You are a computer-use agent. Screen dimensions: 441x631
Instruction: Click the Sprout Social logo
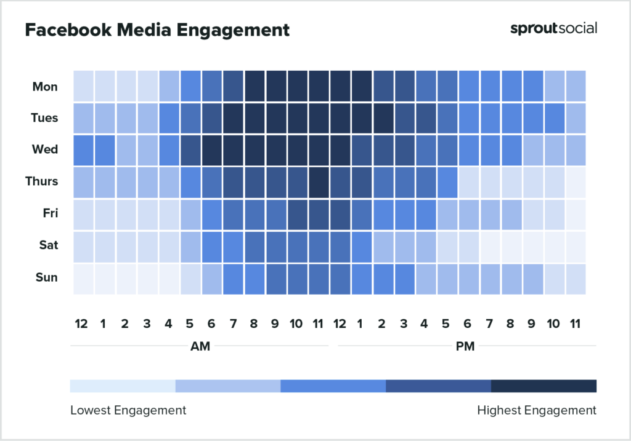coord(553,28)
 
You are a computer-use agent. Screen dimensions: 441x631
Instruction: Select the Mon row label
coord(45,87)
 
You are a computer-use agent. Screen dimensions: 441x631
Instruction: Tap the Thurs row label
coord(42,181)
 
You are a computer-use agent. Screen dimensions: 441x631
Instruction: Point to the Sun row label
coord(46,277)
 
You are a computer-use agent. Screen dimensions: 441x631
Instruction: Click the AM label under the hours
coord(200,346)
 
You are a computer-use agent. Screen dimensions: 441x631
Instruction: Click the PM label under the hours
coord(465,346)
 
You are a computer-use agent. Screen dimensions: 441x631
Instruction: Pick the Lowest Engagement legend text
coord(128,410)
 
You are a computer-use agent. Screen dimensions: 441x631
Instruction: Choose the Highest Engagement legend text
coord(537,410)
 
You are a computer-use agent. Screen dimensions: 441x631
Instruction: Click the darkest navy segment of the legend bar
coord(543,386)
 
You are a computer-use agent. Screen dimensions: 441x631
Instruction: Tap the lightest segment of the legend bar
coord(123,386)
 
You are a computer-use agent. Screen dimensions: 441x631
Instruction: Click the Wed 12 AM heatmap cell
coord(83,149)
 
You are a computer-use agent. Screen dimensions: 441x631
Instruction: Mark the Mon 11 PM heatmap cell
coord(576,87)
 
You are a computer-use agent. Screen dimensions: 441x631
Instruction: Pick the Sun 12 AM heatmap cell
coord(83,277)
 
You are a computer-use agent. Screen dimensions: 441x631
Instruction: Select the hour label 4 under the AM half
coord(169,324)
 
